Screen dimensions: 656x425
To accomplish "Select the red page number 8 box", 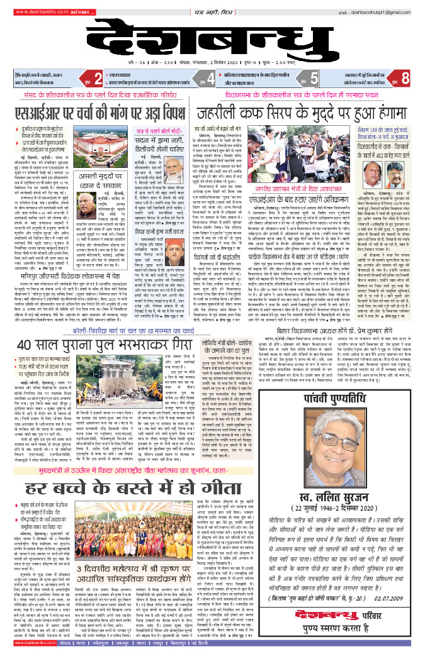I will (405, 78).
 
